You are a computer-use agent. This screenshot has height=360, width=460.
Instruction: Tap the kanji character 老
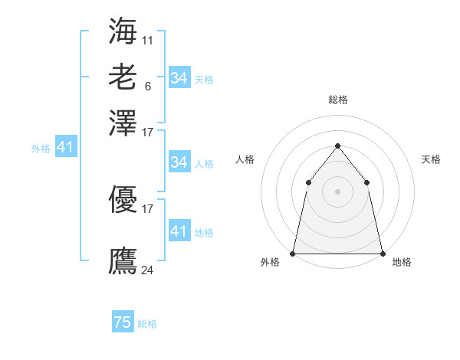123,77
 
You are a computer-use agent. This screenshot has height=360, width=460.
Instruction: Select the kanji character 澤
123,123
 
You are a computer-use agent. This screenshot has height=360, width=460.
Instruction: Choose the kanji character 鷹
123,261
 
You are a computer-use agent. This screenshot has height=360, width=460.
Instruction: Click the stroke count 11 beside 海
148,39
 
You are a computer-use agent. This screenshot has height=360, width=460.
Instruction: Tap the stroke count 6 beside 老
148,86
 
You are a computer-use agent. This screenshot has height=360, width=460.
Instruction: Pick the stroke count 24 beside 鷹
148,270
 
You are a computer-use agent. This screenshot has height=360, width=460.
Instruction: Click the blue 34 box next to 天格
179,78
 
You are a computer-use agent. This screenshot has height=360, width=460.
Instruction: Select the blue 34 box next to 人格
179,162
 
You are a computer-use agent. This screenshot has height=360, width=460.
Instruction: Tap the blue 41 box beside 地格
179,231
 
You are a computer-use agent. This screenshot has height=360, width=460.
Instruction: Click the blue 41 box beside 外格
65,147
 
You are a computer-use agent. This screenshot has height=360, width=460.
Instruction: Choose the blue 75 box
123,322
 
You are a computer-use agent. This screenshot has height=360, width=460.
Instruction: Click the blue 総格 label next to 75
147,324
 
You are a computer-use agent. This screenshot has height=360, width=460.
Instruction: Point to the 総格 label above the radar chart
338,100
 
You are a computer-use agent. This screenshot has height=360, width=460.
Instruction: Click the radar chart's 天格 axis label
431,159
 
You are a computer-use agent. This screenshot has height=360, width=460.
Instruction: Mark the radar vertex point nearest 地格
382,253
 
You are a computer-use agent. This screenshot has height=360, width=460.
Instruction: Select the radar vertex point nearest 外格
293,253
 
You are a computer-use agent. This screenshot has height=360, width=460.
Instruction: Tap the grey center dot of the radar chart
337,191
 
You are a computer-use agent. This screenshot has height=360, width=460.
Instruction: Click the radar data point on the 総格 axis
337,146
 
